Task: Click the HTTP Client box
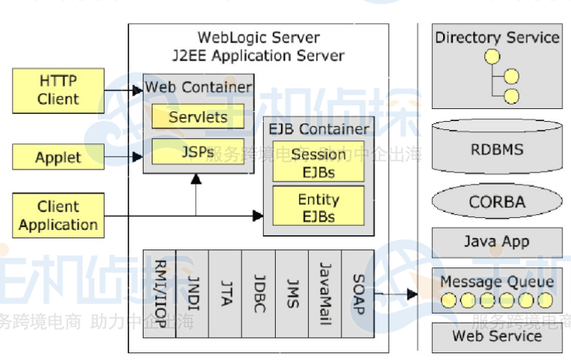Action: [x=58, y=90]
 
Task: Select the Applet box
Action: [x=58, y=157]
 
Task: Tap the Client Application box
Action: [x=58, y=216]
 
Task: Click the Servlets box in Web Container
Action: [x=198, y=117]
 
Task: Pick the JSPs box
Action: [x=198, y=152]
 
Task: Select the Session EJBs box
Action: [x=318, y=163]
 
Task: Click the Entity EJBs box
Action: [x=318, y=207]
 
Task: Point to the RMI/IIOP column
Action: [x=159, y=294]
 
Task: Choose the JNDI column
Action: [x=192, y=294]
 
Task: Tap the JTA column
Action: [x=226, y=294]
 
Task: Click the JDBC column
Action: [x=259, y=294]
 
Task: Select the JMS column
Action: [x=292, y=294]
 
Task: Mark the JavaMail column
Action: [x=325, y=294]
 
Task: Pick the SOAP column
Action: [x=358, y=294]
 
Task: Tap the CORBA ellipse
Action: [x=497, y=202]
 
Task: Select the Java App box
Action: [x=497, y=242]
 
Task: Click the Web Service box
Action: [x=497, y=337]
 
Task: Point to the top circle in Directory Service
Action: [x=492, y=57]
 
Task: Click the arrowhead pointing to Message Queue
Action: [x=412, y=294]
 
